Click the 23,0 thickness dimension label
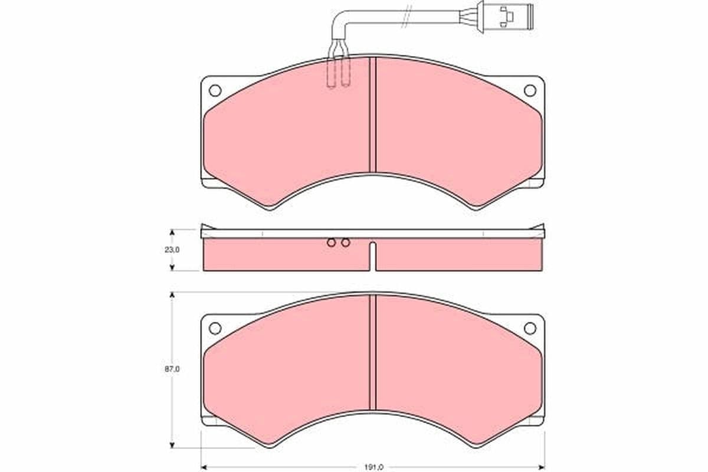pos(172,250)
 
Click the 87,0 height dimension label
pos(172,369)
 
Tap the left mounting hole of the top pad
pos(215,90)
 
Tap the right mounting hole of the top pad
pos(530,90)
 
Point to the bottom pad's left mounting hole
pos(215,328)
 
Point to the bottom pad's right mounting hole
pos(530,328)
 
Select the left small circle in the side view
pos(332,242)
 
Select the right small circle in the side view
pos(346,242)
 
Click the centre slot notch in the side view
pos(372,256)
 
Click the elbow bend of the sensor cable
pos(337,18)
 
